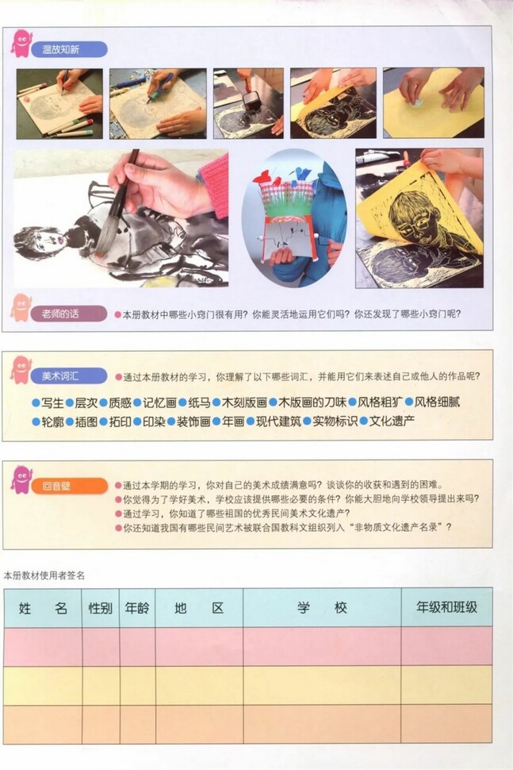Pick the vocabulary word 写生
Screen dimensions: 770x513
tap(52, 402)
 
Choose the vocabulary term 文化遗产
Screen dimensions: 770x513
tap(391, 422)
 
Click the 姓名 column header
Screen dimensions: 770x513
tap(43, 608)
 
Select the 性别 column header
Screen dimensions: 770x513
tap(101, 608)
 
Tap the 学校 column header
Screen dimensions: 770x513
tap(322, 608)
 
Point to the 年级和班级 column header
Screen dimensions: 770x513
tap(446, 608)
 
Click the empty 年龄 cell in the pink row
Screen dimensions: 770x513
tap(137, 646)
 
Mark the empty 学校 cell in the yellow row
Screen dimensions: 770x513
tap(322, 684)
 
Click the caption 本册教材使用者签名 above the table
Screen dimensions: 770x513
tap(44, 575)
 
